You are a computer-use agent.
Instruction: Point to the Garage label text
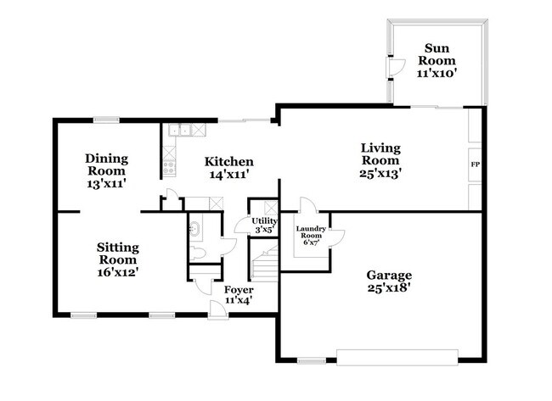click(389, 275)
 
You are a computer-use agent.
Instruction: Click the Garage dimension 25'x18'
click(389, 288)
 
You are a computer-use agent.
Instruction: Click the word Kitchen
click(229, 162)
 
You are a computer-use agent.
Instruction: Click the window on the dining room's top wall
click(106, 120)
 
